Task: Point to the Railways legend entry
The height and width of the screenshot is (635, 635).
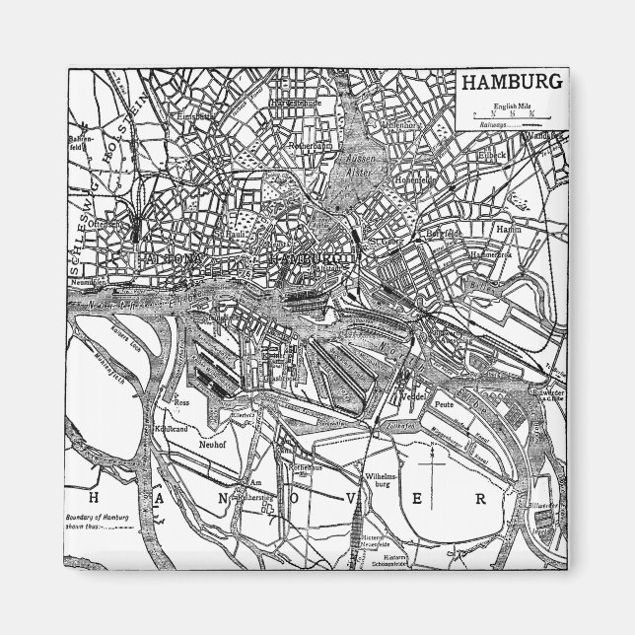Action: coord(503,125)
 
